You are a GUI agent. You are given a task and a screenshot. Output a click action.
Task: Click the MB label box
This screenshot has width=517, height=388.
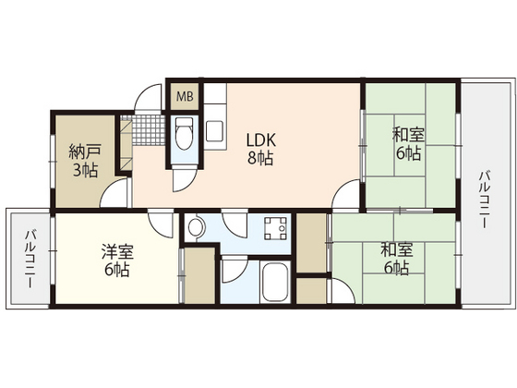point(185,97)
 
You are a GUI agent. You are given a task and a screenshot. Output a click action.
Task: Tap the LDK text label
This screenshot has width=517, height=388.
point(261,140)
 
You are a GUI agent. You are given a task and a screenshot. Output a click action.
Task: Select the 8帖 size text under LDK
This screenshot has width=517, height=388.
point(260,158)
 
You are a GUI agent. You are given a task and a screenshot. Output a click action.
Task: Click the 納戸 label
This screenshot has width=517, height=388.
point(84,152)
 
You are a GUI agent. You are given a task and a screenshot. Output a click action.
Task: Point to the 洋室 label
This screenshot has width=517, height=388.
point(117,251)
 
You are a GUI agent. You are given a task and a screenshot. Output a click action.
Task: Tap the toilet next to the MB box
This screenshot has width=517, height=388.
point(185,133)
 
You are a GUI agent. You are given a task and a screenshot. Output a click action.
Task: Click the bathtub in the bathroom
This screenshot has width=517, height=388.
point(275,282)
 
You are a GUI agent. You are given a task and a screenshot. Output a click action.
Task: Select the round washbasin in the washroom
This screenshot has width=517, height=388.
point(197,227)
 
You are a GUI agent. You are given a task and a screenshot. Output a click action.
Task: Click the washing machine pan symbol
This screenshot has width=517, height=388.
point(276,228)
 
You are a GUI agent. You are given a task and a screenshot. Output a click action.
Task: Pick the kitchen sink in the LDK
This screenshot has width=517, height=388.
point(215,131)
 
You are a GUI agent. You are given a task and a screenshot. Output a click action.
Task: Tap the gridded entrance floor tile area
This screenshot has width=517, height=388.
point(148,129)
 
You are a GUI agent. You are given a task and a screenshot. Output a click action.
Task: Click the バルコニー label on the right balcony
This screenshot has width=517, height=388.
point(483,200)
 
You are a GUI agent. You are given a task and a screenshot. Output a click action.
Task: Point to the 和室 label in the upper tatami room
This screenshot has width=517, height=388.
point(408,135)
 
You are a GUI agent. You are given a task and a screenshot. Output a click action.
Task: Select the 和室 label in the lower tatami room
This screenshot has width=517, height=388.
point(397,249)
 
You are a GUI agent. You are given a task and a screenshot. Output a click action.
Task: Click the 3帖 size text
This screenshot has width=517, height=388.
point(85,171)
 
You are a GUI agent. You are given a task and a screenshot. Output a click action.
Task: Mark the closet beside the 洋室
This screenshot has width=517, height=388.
point(199,276)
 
